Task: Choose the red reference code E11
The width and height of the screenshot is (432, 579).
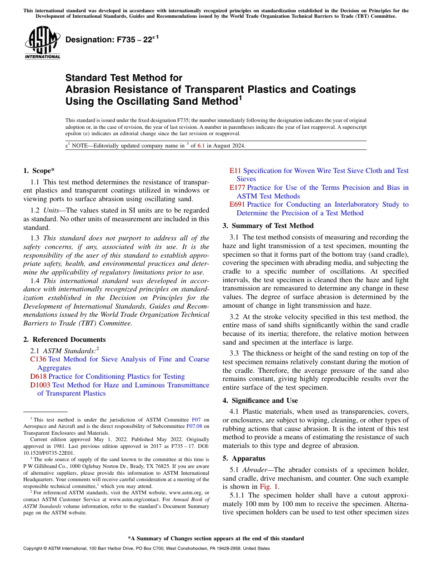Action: pyautogui.click(x=235, y=171)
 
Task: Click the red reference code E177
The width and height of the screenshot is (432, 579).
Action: pyautogui.click(x=237, y=188)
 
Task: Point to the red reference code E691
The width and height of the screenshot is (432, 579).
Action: pyautogui.click(x=237, y=204)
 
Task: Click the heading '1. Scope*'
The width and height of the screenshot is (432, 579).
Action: pyautogui.click(x=39, y=171)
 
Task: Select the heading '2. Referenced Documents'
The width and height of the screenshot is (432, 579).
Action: pyautogui.click(x=64, y=340)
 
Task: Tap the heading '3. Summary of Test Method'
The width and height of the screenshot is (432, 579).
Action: pyautogui.click(x=268, y=226)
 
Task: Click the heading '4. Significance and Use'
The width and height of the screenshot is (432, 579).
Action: pyautogui.click(x=260, y=401)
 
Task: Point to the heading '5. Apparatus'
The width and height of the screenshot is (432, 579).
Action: pyautogui.click(x=244, y=458)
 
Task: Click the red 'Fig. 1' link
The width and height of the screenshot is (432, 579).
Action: pyautogui.click(x=269, y=487)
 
